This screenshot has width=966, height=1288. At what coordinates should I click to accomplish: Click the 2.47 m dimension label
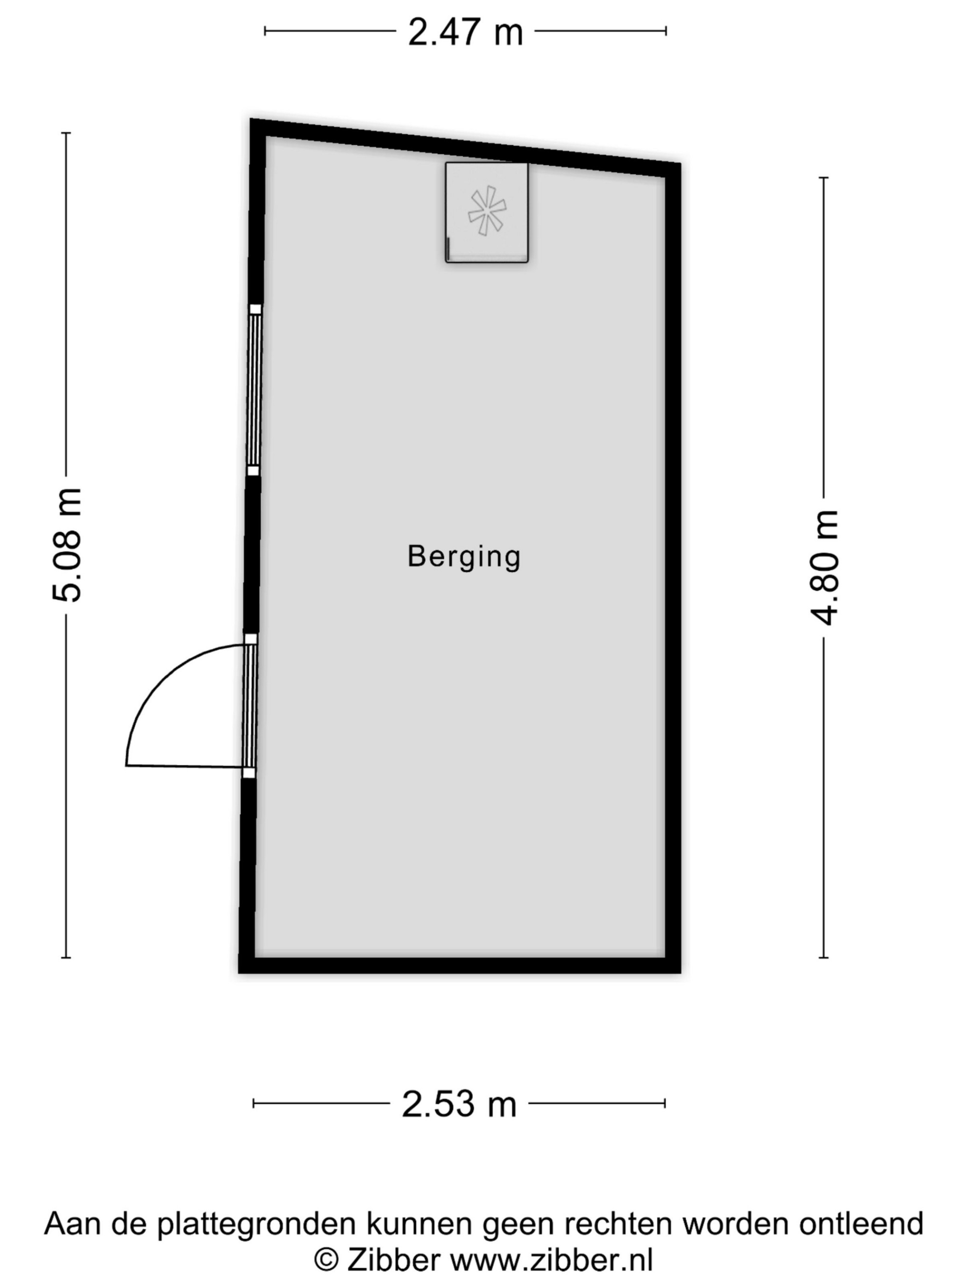coord(465,31)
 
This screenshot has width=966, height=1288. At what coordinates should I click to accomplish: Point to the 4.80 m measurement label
coord(824,568)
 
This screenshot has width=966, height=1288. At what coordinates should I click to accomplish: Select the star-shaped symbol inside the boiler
coord(487,211)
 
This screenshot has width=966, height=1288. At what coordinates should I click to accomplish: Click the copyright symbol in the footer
coord(327,1260)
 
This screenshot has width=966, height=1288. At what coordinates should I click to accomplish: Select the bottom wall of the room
coord(459,965)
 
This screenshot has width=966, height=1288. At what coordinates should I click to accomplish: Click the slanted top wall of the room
coord(465,148)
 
